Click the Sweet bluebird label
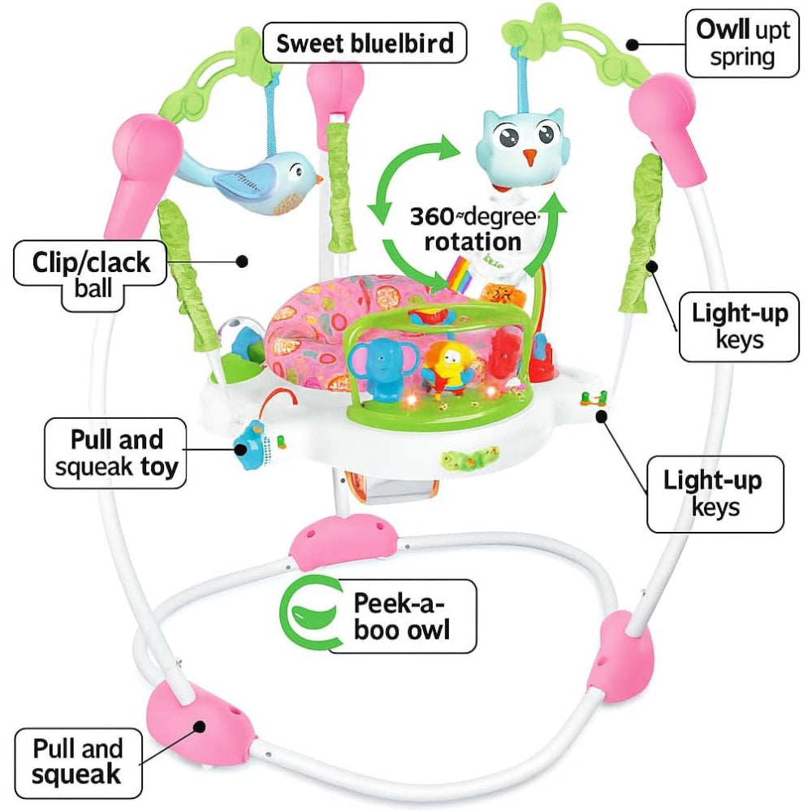[x=365, y=43]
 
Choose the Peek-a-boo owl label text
[x=402, y=616]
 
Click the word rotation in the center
[x=465, y=241]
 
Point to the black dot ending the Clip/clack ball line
[x=241, y=261]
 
